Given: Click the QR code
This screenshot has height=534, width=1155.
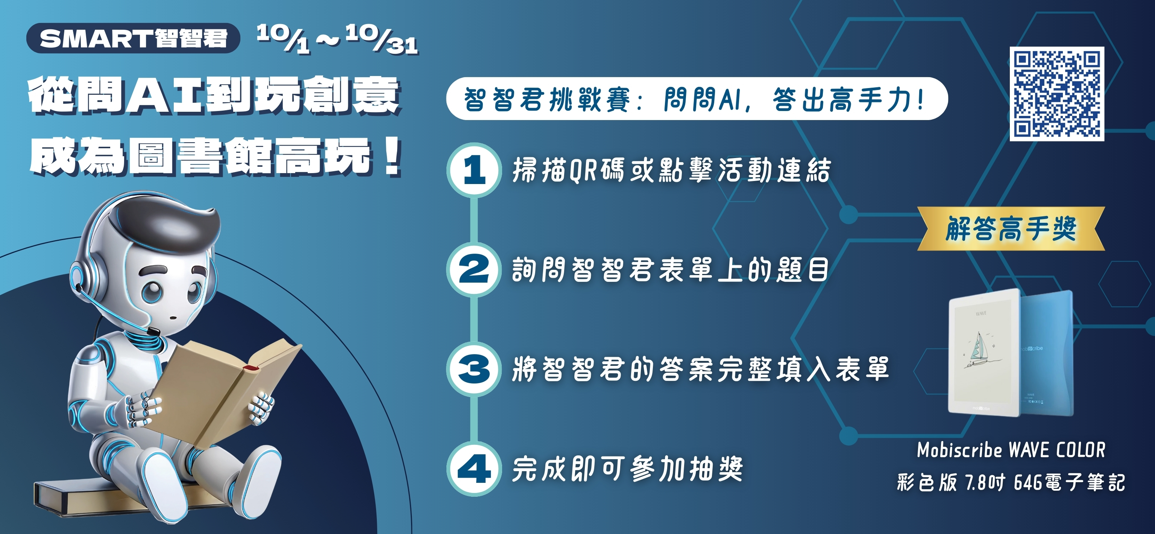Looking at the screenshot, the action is [x=1057, y=94].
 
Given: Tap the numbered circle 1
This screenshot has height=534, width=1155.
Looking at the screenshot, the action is [x=474, y=170].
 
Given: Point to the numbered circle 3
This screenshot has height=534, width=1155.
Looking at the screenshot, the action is [x=474, y=369].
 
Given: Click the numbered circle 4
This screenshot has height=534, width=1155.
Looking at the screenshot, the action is [x=474, y=469].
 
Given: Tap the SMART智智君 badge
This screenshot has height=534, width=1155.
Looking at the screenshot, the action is [x=133, y=38].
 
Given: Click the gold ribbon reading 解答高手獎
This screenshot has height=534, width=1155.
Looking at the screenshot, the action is [x=1011, y=228].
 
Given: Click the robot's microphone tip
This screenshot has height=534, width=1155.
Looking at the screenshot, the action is [x=153, y=331].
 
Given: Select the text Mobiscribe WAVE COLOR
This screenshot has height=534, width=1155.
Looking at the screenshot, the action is [x=1011, y=450].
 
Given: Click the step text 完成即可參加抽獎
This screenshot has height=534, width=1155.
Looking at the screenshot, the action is [x=628, y=469].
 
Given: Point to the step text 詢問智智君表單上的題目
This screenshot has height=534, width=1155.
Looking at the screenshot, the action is [x=670, y=270].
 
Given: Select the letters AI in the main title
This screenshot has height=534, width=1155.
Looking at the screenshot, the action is [x=164, y=95].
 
